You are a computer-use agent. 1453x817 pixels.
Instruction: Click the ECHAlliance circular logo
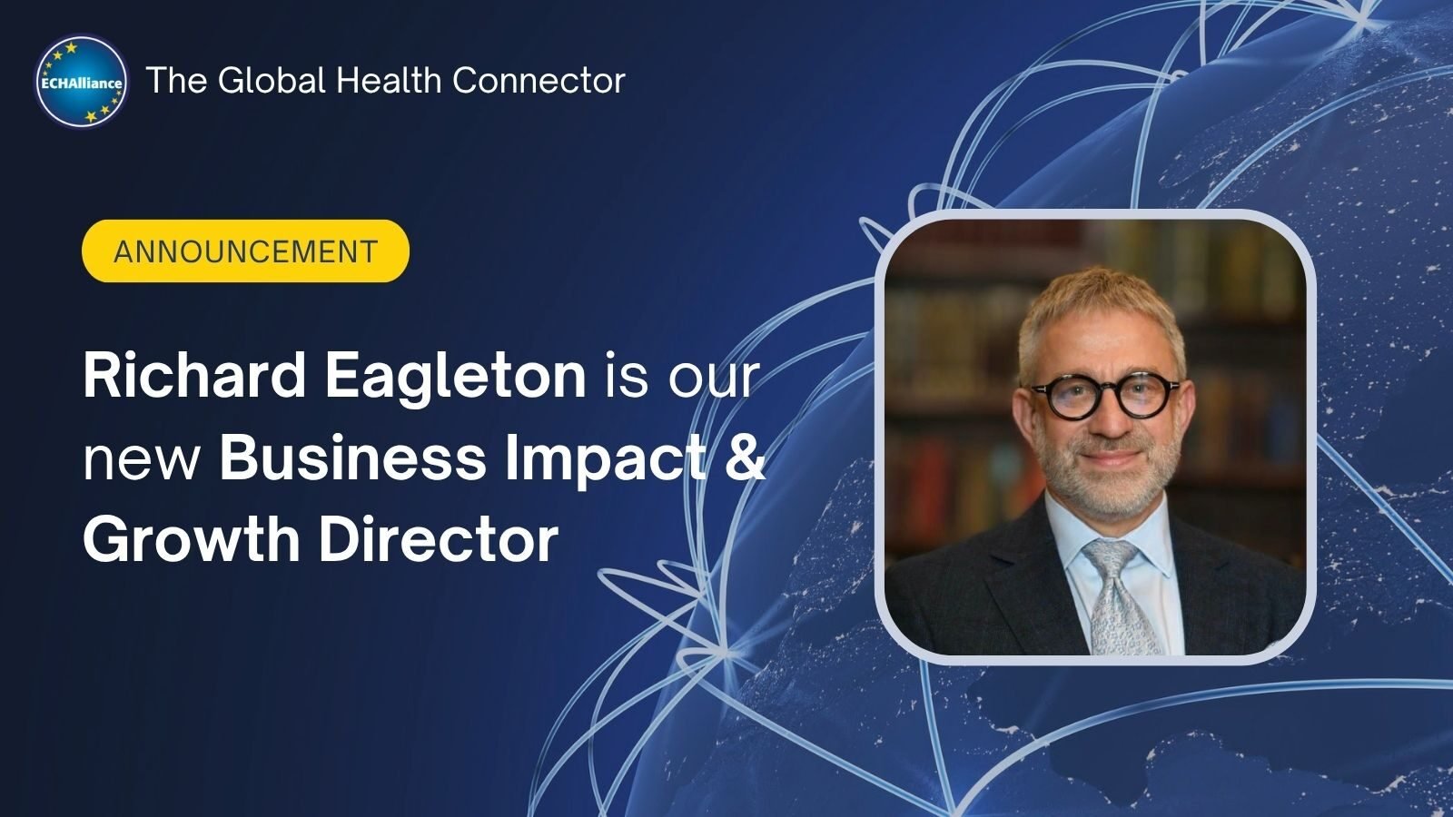pos(82,81)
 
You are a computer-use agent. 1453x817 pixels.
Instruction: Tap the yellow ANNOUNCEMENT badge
pos(245,251)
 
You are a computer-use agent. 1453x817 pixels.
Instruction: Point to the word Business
pos(353,458)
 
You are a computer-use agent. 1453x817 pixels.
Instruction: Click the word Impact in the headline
pos(606,460)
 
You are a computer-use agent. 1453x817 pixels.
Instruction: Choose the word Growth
pos(192,539)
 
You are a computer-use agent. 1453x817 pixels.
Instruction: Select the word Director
pos(439,539)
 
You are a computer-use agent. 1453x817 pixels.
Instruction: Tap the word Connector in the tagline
pos(539,81)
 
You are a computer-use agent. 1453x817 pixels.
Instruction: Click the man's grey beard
pos(1108,477)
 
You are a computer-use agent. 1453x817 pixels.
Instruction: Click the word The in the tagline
pos(176,81)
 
